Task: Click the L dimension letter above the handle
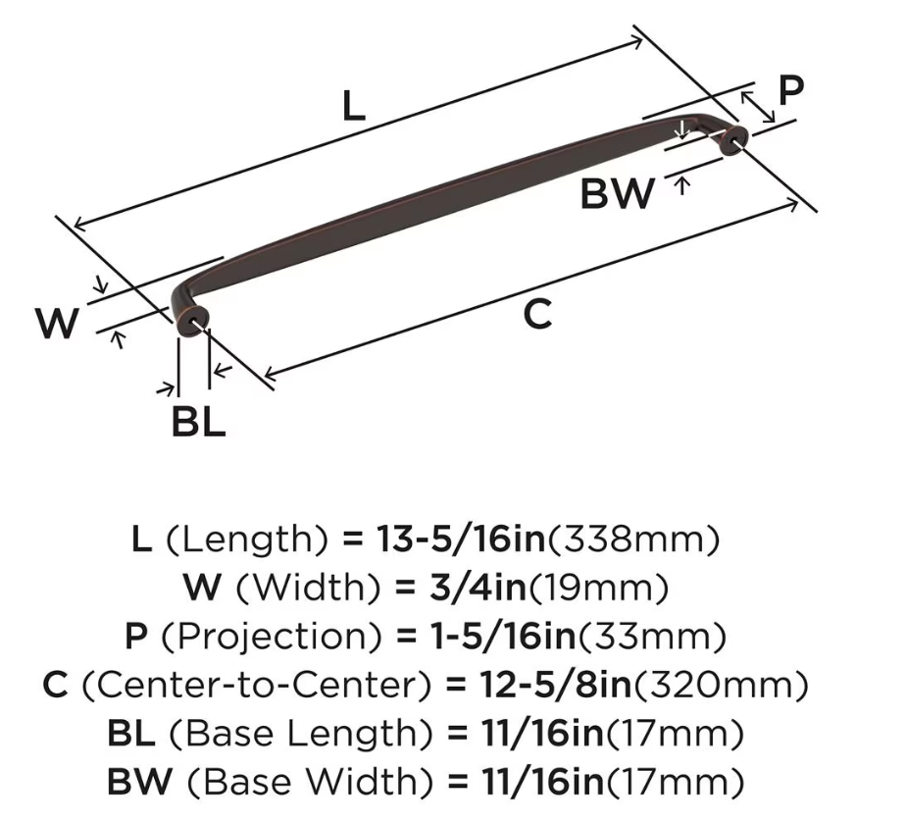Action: (354, 106)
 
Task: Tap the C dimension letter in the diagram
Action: (537, 314)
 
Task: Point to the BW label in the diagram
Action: (618, 193)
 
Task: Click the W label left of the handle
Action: (57, 323)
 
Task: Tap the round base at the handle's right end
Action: (735, 139)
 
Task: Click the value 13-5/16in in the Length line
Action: (461, 539)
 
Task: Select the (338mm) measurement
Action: (633, 540)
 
